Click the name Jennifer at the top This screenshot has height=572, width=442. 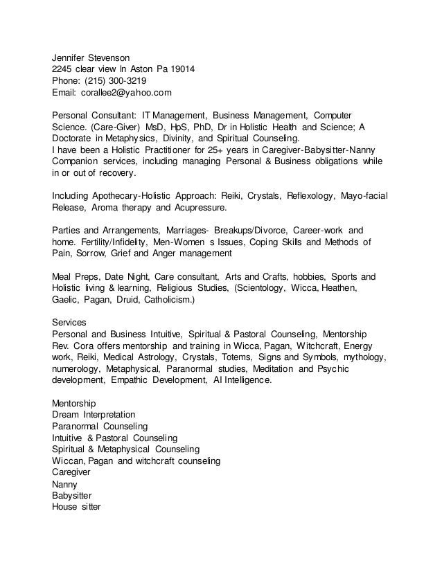click(72, 57)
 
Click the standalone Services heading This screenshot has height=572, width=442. click(69, 322)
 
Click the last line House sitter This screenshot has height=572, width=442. click(76, 506)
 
